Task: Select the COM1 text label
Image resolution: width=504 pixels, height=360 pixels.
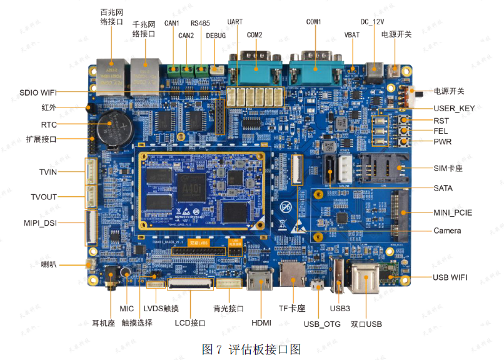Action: click(313, 22)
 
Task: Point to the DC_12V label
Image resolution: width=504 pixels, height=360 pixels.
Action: click(373, 22)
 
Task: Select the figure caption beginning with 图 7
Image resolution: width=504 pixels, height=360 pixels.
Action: click(251, 349)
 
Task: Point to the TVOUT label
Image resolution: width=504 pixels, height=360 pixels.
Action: click(44, 197)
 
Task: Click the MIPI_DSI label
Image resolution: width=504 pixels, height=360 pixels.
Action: click(40, 223)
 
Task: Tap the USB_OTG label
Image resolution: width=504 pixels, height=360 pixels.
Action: click(322, 323)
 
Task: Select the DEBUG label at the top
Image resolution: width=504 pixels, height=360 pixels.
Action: click(216, 36)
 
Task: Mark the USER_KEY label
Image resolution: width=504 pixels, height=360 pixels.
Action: click(454, 108)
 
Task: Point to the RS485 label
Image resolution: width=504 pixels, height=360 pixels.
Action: click(201, 22)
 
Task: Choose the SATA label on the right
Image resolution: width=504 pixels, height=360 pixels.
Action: click(443, 188)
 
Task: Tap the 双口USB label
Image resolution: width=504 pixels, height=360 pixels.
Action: click(366, 324)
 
